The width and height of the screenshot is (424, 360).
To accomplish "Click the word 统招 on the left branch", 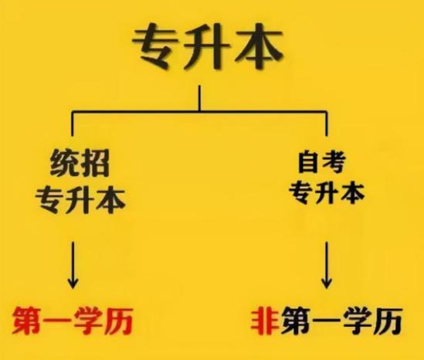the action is (80, 164).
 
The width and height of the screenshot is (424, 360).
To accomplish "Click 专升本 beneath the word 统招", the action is (80, 200).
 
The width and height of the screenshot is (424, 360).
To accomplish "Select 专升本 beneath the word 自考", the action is (327, 192).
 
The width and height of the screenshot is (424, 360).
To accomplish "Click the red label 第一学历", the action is (73, 321).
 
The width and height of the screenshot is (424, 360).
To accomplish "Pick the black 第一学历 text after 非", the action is (341, 321).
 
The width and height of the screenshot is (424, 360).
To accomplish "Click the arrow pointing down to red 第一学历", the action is (73, 265).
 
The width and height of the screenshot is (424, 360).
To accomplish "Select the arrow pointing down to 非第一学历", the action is (327, 265).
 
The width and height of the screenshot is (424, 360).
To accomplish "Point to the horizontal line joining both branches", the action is (199, 111).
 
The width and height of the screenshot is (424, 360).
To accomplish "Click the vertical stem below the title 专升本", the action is (199, 98).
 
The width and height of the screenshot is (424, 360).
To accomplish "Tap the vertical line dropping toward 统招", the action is (72, 123).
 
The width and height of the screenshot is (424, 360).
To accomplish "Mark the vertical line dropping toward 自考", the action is (327, 123).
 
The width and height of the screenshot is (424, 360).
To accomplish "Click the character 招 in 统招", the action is (95, 164).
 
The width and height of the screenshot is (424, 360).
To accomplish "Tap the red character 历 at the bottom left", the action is (118, 321).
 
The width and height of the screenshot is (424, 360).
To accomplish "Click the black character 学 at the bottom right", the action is (358, 321).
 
